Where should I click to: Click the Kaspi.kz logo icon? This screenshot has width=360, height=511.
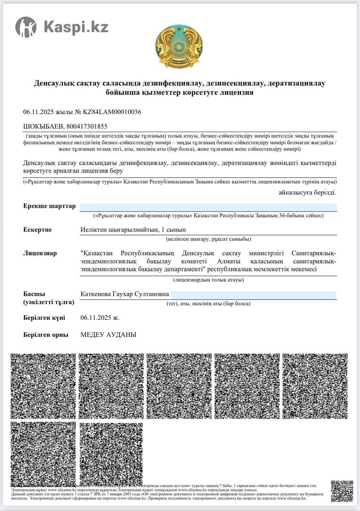26,27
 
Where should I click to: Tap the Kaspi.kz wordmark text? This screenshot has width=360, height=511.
76,27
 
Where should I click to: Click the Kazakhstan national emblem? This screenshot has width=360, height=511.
179,46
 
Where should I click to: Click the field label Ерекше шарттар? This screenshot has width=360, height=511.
49,206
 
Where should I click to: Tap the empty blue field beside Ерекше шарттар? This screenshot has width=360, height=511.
209,207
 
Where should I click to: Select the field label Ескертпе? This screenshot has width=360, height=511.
37,230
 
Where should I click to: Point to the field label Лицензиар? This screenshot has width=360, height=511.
40,253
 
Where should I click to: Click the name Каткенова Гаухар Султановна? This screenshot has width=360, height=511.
125,294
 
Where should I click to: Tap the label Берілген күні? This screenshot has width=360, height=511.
44,318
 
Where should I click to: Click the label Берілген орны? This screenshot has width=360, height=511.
46,335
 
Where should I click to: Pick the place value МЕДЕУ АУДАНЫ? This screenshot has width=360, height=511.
108,335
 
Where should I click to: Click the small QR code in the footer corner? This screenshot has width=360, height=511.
342,491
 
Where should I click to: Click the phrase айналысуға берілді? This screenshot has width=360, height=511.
307,192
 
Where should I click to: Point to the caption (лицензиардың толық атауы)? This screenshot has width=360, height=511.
208,280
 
